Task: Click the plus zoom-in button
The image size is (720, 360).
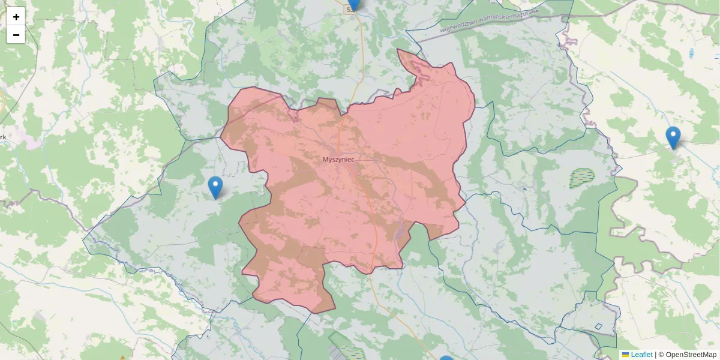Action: [16, 17]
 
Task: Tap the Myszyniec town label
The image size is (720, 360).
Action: [338, 160]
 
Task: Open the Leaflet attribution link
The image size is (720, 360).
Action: [641, 355]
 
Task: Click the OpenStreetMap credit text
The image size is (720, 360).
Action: [691, 355]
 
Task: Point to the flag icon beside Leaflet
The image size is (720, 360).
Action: [625, 355]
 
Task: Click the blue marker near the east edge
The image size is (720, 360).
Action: [673, 137]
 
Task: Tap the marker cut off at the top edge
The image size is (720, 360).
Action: [354, 4]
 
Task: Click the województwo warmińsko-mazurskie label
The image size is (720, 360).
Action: [489, 21]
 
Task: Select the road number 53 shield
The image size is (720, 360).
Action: [349, 10]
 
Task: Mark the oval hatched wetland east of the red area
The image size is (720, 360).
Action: [581, 176]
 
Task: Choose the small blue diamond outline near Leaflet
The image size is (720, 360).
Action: [598, 327]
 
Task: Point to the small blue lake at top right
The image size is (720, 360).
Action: [692, 53]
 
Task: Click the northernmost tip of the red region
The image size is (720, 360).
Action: [398, 50]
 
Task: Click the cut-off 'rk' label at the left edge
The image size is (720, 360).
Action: [3, 137]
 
